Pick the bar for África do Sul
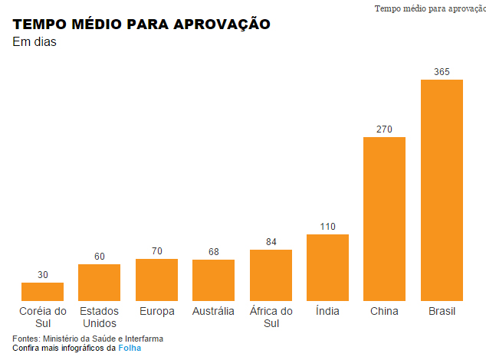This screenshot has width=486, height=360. (x=271, y=274)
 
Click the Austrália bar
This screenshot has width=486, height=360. (x=213, y=280)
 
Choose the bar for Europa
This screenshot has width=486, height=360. (x=156, y=279)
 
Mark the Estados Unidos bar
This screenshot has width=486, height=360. (x=99, y=282)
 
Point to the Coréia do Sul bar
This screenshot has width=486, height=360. (x=42, y=291)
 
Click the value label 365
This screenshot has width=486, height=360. (x=442, y=72)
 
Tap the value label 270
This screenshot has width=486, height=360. (x=384, y=129)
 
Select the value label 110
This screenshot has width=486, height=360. (x=327, y=227)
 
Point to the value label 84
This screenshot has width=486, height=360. (x=271, y=242)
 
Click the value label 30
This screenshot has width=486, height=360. (x=42, y=275)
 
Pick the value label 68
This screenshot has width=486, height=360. (x=213, y=252)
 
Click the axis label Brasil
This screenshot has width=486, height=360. (x=442, y=311)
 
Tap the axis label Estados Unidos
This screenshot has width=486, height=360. (x=99, y=317)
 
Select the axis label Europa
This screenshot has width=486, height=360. (x=156, y=311)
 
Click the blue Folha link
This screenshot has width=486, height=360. (x=130, y=348)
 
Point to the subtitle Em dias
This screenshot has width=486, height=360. (x=34, y=41)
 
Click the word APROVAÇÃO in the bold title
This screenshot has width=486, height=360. (x=222, y=25)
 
